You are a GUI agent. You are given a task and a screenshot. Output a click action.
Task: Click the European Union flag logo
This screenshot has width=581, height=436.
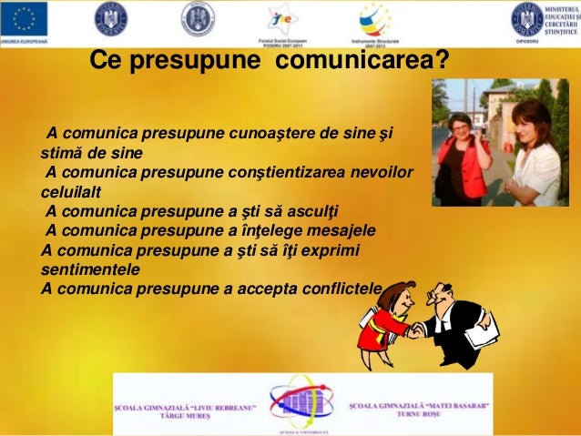coord(24,19)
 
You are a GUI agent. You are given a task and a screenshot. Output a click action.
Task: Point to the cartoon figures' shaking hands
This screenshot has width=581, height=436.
coord(415,330)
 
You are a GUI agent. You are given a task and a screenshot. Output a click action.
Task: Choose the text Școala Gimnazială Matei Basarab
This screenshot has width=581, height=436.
coord(419,405)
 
